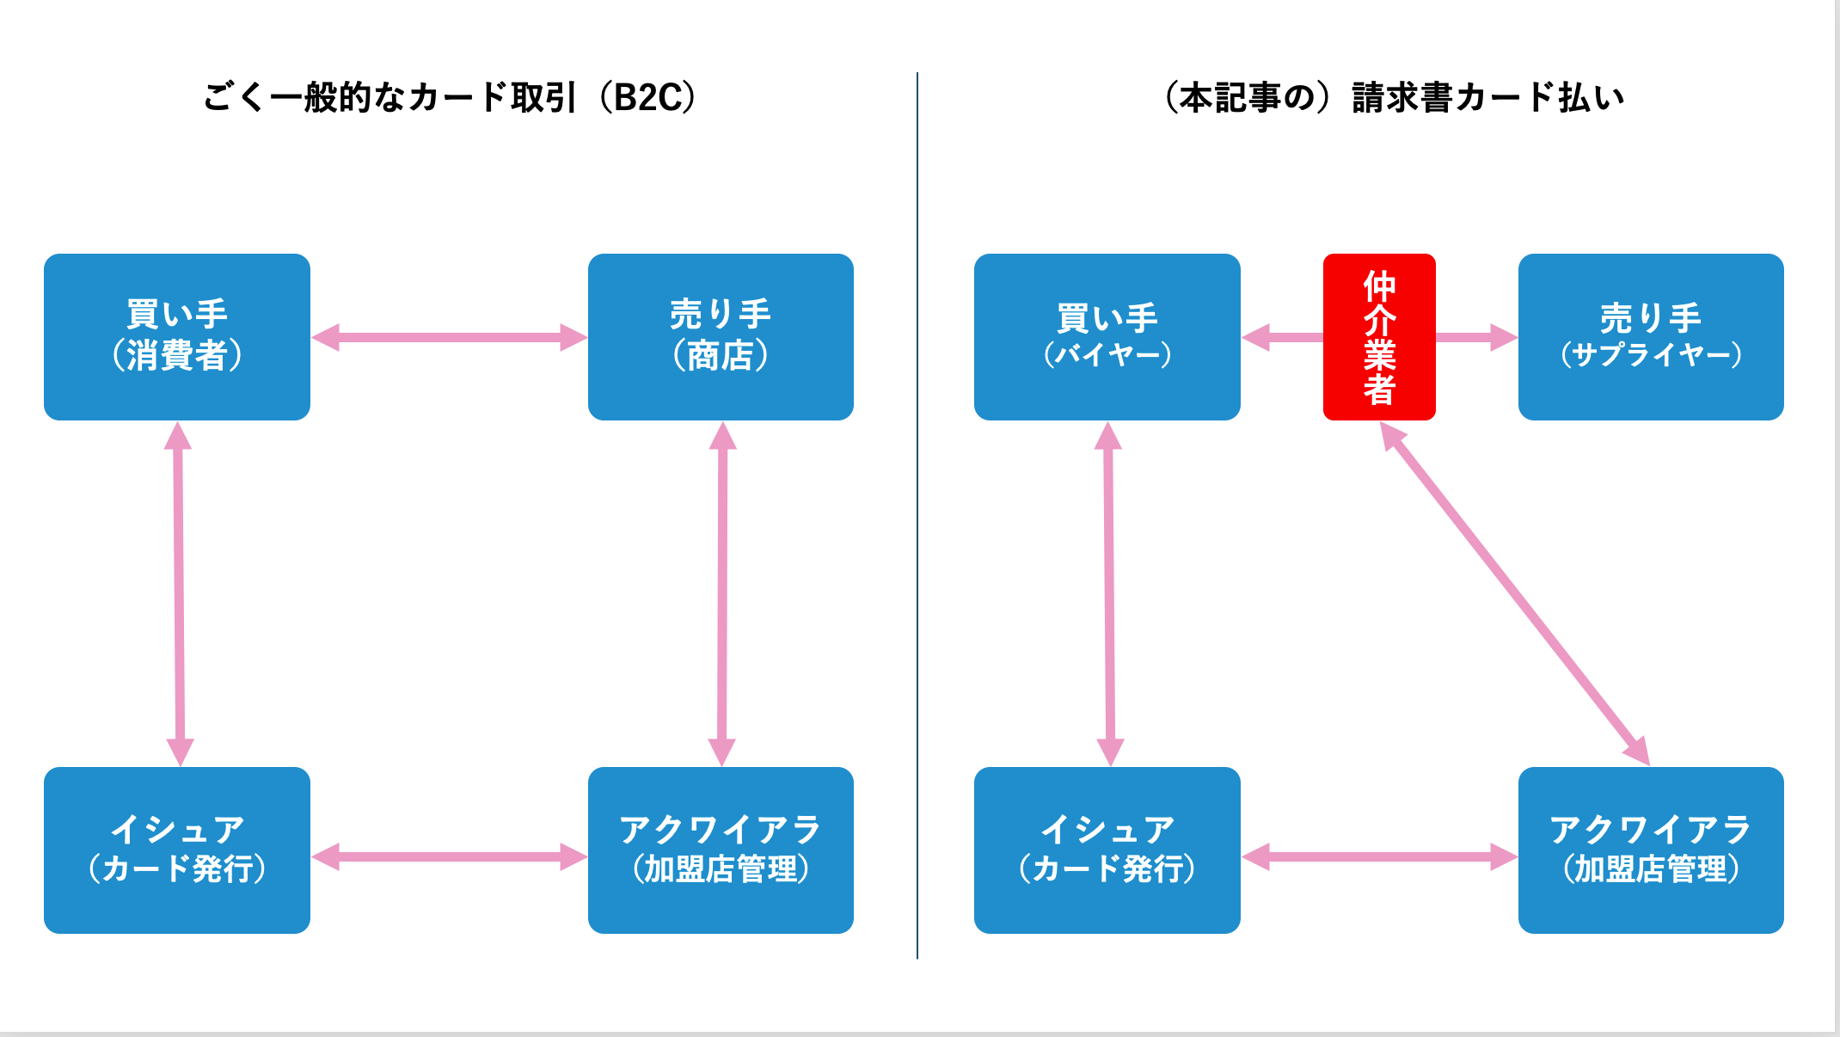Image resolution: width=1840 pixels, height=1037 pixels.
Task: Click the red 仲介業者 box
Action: pyautogui.click(x=1378, y=337)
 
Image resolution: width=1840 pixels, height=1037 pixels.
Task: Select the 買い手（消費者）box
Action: pyautogui.click(x=177, y=337)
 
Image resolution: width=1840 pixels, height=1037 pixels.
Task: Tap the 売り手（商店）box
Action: pyautogui.click(x=721, y=337)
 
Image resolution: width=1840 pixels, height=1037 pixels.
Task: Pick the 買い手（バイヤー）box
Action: pyautogui.click(x=1107, y=337)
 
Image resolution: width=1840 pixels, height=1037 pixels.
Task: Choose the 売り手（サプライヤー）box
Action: pyautogui.click(x=1650, y=337)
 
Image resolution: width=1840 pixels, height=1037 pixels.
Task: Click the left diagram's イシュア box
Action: pyautogui.click(x=177, y=850)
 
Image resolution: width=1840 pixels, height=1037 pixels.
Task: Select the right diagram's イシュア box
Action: pyautogui.click(x=1107, y=850)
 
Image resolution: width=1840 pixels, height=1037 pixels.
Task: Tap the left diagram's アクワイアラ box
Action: pyautogui.click(x=721, y=850)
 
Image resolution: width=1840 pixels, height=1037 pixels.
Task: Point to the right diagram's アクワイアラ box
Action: pyautogui.click(x=1650, y=850)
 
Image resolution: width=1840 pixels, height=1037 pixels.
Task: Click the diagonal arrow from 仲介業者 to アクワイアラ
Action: pyautogui.click(x=1515, y=593)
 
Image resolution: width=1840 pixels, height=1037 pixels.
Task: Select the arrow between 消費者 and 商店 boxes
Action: pyautogui.click(x=449, y=337)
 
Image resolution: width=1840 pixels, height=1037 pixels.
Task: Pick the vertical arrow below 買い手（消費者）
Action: pyautogui.click(x=179, y=593)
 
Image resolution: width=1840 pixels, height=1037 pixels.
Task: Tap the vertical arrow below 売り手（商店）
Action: pyautogui.click(x=722, y=593)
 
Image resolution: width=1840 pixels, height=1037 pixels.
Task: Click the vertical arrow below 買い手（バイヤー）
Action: pyautogui.click(x=1109, y=593)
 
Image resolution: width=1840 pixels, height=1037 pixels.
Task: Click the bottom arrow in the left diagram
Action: pyautogui.click(x=449, y=856)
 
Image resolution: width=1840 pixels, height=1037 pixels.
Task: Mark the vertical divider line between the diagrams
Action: pyautogui.click(x=917, y=516)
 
